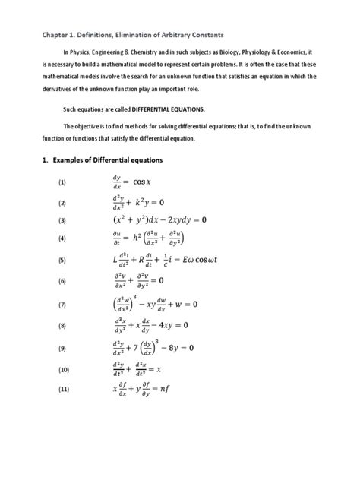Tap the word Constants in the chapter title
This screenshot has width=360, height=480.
[213, 34]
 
